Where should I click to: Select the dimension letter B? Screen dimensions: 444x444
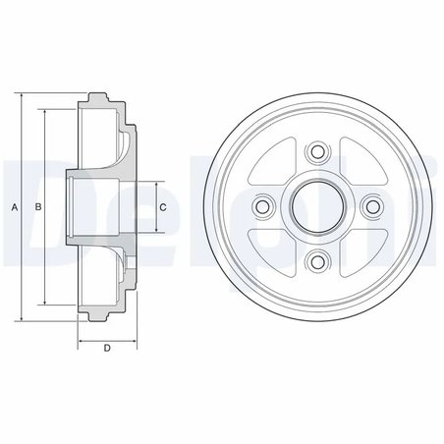click(x=37, y=207)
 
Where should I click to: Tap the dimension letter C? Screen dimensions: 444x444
click(x=163, y=207)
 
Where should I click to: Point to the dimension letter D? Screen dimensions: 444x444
click(x=105, y=350)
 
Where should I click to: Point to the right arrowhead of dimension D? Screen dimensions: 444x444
click(x=133, y=339)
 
